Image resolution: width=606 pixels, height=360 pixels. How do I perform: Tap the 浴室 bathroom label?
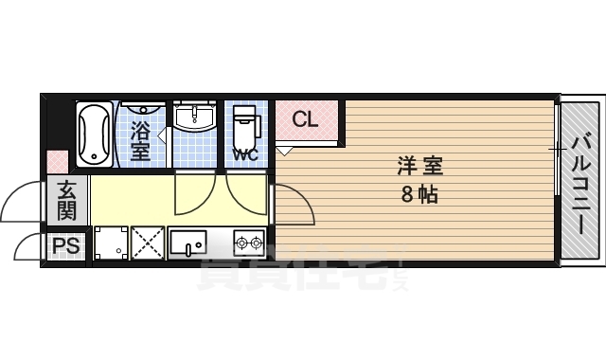(x=140, y=138)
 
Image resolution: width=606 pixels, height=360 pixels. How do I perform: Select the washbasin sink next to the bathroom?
(x=197, y=119)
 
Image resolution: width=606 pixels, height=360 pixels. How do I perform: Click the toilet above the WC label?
(x=245, y=124)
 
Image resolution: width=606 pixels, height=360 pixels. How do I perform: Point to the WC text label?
(x=244, y=154)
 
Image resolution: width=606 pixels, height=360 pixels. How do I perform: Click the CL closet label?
(x=304, y=119)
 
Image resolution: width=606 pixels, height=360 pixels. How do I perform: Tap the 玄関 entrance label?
(x=66, y=199)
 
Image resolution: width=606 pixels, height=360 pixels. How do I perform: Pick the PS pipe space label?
(x=65, y=246)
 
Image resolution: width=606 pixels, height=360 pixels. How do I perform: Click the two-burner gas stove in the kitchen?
(x=248, y=244)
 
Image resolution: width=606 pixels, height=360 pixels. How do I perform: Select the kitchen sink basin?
(x=192, y=243)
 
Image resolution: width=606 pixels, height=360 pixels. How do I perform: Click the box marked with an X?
(x=148, y=243)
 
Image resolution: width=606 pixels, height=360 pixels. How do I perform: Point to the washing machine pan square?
(x=110, y=243)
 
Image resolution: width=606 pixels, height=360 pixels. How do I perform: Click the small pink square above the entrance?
(x=58, y=162)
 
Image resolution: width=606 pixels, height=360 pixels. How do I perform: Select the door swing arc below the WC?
(x=246, y=195)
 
